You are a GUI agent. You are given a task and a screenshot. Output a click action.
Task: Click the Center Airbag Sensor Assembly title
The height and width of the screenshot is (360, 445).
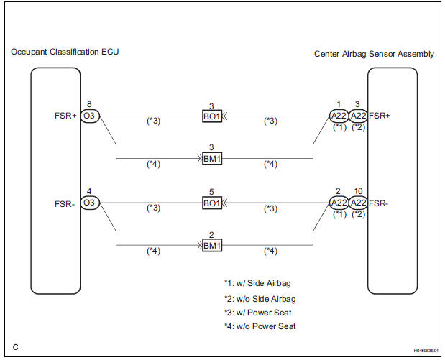pyautogui.click(x=374, y=54)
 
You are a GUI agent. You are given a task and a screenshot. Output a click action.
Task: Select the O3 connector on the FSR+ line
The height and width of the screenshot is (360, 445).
pyautogui.click(x=90, y=114)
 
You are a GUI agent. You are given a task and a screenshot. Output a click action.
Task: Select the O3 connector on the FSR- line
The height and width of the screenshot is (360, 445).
pyautogui.click(x=90, y=203)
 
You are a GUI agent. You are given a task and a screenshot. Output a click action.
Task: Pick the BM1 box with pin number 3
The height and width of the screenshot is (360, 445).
pyautogui.click(x=213, y=158)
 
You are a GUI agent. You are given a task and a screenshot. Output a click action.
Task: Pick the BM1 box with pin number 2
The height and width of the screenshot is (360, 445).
pyautogui.click(x=213, y=246)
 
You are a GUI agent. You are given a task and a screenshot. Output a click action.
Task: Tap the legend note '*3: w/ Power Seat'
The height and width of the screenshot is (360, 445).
pyautogui.click(x=259, y=313)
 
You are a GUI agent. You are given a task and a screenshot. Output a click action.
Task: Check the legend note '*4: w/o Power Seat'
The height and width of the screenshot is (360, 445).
pyautogui.click(x=260, y=327)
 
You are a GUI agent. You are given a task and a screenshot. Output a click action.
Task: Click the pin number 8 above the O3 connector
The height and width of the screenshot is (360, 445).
pyautogui.click(x=89, y=103)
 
